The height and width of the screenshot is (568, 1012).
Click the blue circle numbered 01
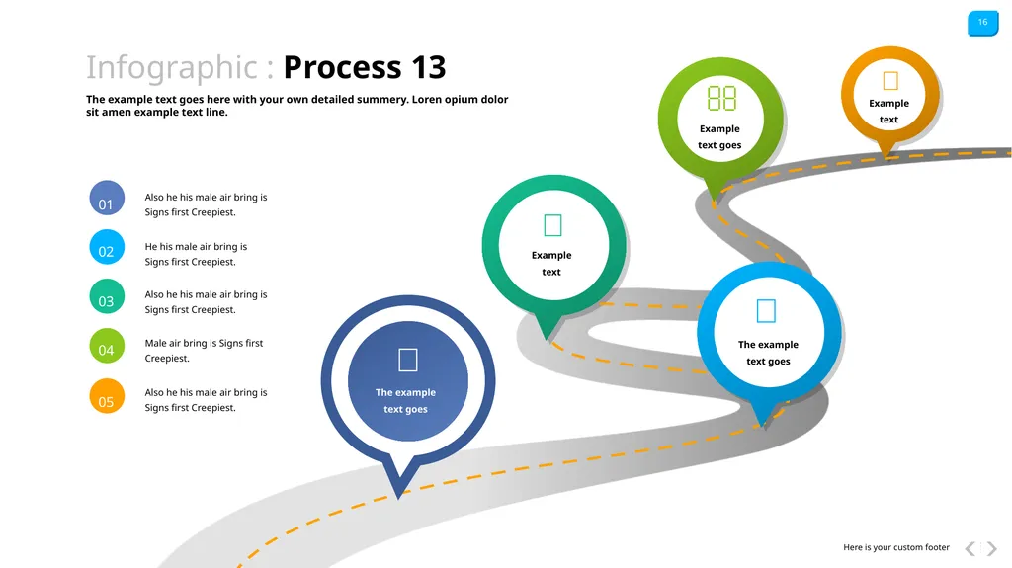107,199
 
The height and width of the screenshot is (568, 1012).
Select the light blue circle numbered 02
107,247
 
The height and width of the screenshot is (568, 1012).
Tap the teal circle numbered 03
107,296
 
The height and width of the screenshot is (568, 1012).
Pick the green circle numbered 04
107,346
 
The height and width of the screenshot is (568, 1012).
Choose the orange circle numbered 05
107,396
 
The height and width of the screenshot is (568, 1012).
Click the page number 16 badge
982,24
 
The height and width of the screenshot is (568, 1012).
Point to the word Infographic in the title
172,68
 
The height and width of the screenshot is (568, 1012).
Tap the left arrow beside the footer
970,548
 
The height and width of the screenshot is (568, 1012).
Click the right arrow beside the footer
991,548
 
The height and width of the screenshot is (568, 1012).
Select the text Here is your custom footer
895,547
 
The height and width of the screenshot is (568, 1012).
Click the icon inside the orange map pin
890,81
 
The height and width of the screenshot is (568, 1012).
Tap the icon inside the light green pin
721,99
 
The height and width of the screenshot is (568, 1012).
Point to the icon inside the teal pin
553,225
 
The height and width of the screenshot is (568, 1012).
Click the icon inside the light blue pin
766,311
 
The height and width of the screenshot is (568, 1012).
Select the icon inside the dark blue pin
408,360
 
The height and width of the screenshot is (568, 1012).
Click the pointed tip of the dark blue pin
399,498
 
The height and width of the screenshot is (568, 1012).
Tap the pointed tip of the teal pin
548,339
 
